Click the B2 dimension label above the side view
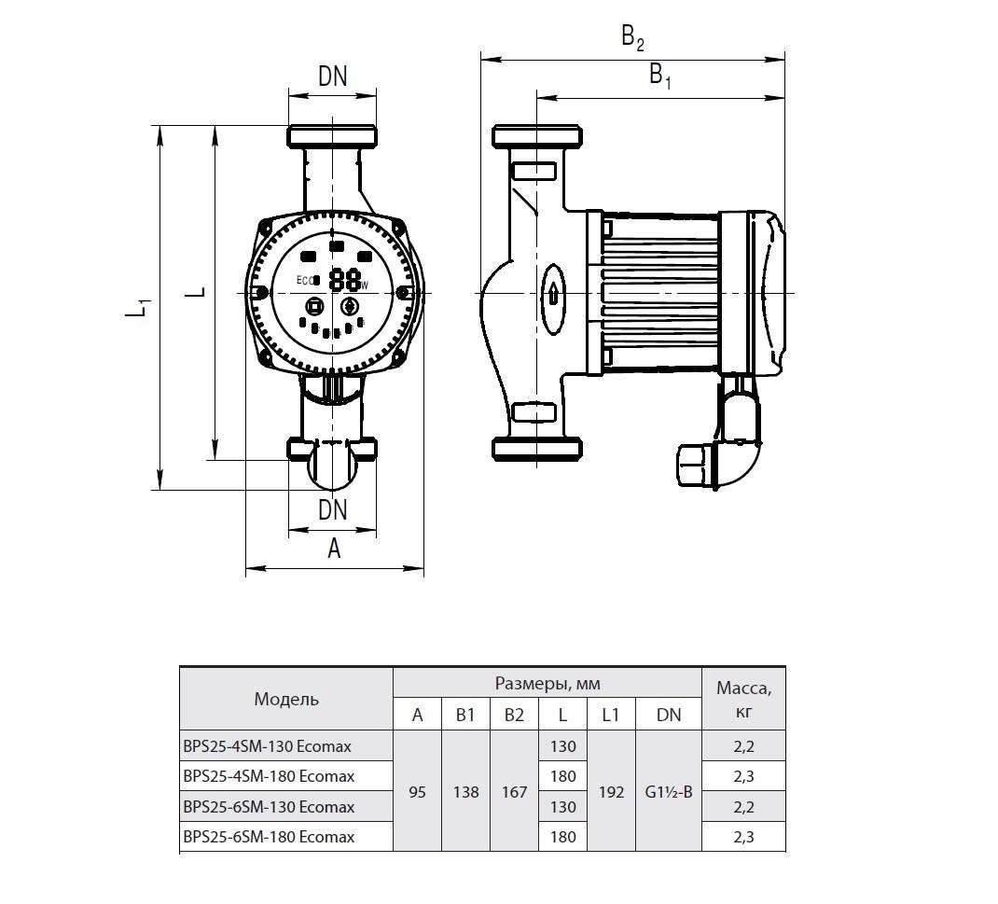click(x=632, y=38)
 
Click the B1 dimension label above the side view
click(x=660, y=76)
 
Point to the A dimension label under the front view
click(x=334, y=549)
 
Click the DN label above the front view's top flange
click(x=333, y=77)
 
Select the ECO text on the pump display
click(x=306, y=280)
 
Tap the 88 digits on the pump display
click(x=344, y=280)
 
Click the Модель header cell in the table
click(x=286, y=699)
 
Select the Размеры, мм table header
click(x=548, y=684)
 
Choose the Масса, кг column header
click(x=743, y=699)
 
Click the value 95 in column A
click(x=418, y=792)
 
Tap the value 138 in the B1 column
click(x=466, y=792)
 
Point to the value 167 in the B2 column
click(x=514, y=792)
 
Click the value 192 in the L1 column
click(x=611, y=792)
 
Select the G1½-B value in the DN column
click(x=669, y=792)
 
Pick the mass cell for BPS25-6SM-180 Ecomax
click(x=743, y=837)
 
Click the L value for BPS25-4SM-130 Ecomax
click(x=562, y=746)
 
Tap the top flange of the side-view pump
click(x=538, y=136)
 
